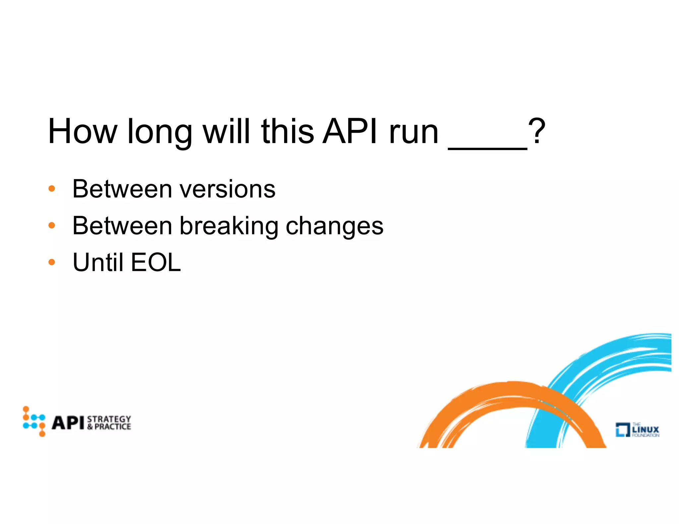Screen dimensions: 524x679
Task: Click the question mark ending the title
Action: coord(537,132)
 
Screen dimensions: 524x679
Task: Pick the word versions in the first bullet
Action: coord(227,189)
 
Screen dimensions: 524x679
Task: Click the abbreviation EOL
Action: coord(156,262)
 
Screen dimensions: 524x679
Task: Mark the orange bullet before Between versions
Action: coord(52,189)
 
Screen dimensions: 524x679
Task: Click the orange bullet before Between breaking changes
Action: coord(52,226)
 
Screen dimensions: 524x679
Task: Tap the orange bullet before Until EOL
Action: coord(52,263)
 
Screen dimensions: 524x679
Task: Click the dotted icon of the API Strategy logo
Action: coord(34,421)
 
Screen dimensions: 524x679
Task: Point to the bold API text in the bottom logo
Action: coord(68,423)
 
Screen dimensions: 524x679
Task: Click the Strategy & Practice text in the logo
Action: coord(109,423)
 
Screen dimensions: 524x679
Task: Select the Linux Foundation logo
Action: coord(637,430)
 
